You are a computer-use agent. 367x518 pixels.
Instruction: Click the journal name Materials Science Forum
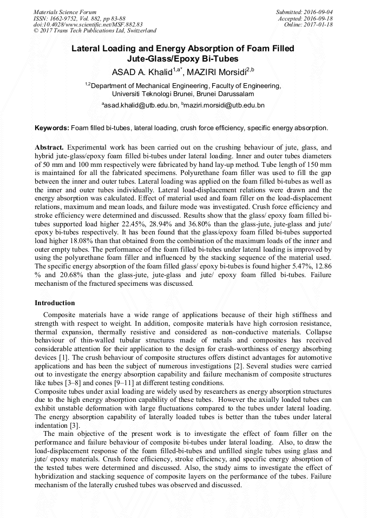[65, 11]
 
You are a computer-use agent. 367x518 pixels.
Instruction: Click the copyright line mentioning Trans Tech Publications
[95, 31]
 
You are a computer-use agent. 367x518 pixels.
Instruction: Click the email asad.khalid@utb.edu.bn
[141, 105]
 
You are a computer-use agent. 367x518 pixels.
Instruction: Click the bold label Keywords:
[52, 128]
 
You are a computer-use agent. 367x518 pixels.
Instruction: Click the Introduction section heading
[55, 302]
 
